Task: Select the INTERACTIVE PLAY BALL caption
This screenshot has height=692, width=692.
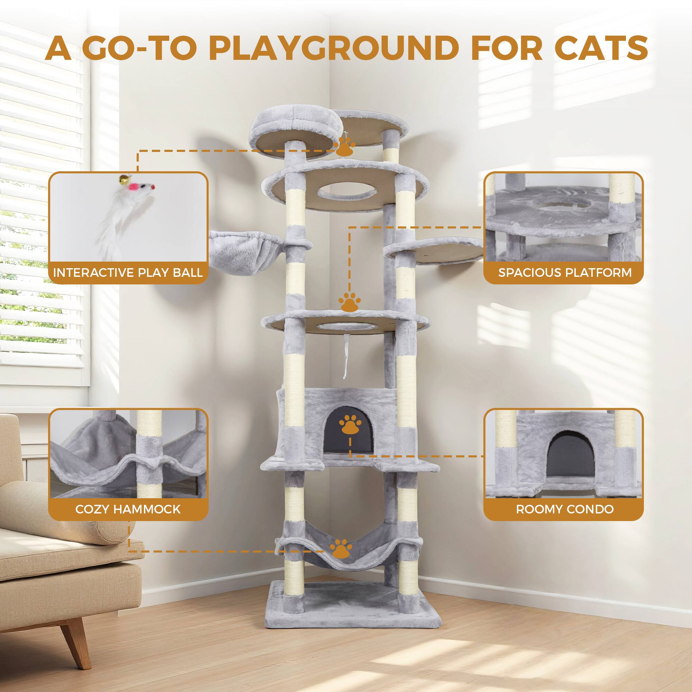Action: coord(128,273)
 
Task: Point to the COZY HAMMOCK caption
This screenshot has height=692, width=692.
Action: coord(128,509)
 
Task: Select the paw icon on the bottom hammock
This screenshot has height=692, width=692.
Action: coord(340,559)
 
